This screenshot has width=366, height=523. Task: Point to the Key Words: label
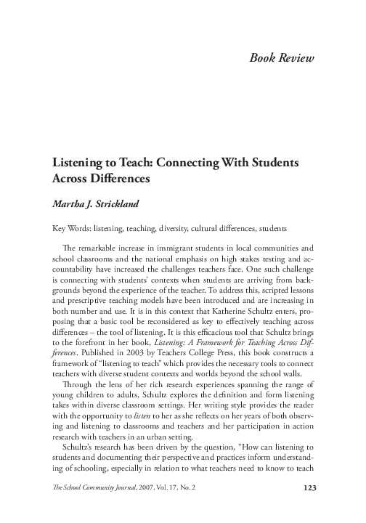68,227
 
